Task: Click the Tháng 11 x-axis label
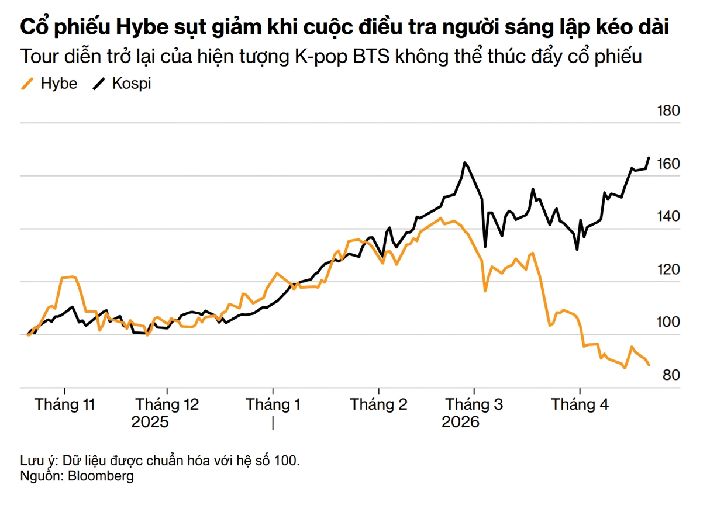pyautogui.click(x=65, y=404)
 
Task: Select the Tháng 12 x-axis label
pyautogui.click(x=167, y=404)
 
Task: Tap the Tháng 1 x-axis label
pyautogui.click(x=273, y=404)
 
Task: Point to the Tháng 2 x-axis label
pyautogui.click(x=378, y=404)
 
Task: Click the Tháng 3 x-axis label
pyautogui.click(x=474, y=404)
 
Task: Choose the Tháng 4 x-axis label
pyautogui.click(x=580, y=404)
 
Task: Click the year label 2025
pyautogui.click(x=150, y=422)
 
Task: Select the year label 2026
pyautogui.click(x=460, y=422)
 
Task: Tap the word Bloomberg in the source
pyautogui.click(x=101, y=476)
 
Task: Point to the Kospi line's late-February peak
pyautogui.click(x=464, y=162)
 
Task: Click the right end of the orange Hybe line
pyautogui.click(x=649, y=365)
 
